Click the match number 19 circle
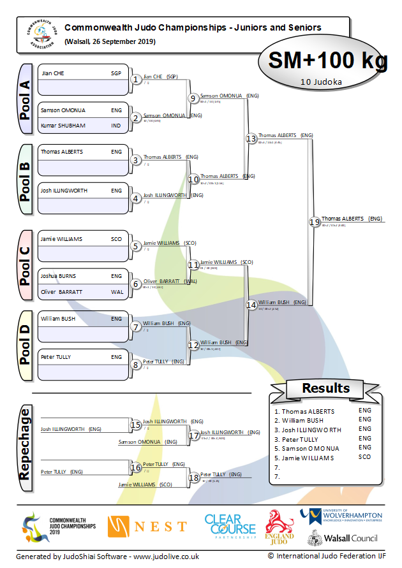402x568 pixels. (x=314, y=222)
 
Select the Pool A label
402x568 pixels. (x=25, y=98)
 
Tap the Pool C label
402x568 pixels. (x=25, y=266)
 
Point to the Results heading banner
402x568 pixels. (x=325, y=388)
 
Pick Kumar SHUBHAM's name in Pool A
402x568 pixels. (x=63, y=126)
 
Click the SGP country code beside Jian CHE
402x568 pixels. (x=116, y=73)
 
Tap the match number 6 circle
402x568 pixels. (x=135, y=284)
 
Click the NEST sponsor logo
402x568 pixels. (x=147, y=527)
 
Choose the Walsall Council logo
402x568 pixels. (x=343, y=538)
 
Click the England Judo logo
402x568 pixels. (x=279, y=527)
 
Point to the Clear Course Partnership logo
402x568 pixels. (x=229, y=527)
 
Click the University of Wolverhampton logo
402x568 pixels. (x=341, y=515)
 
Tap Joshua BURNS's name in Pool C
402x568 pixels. (x=59, y=277)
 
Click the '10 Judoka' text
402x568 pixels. (x=320, y=82)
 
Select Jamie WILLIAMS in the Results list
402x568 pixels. (x=304, y=458)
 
